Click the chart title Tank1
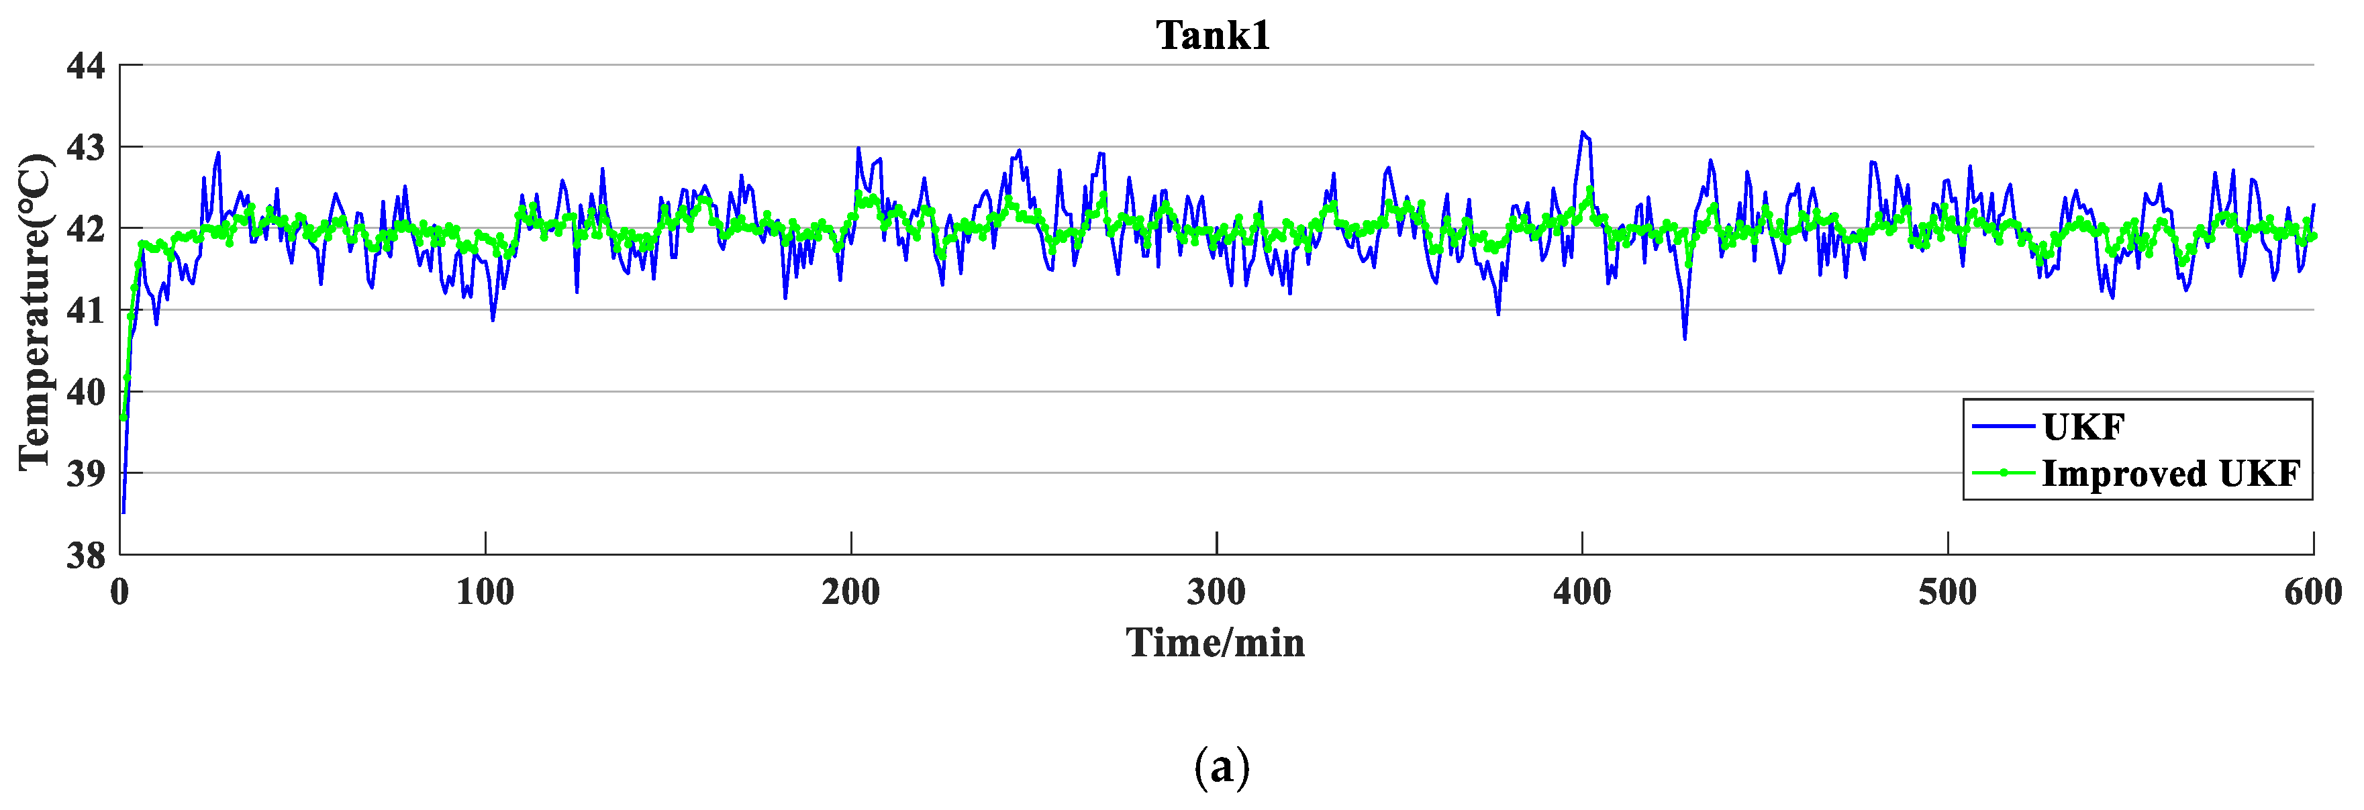(x=1213, y=36)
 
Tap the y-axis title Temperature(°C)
(x=36, y=312)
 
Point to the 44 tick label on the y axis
(x=87, y=66)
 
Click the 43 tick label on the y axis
(x=87, y=148)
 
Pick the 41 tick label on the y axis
(x=87, y=311)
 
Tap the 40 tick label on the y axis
(x=87, y=393)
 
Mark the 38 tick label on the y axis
(x=87, y=556)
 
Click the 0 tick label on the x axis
(x=120, y=593)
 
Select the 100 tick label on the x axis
(x=485, y=593)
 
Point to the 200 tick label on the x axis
(x=850, y=593)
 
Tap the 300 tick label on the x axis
(x=1216, y=593)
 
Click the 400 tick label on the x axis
(x=1582, y=593)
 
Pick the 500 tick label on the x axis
(x=1947, y=593)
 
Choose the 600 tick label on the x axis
(x=2312, y=593)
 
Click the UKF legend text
(x=2084, y=427)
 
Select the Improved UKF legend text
(x=2171, y=473)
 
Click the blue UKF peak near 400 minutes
(x=1582, y=132)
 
